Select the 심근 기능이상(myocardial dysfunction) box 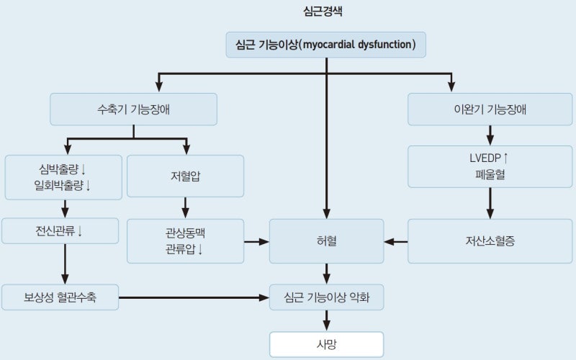tap(326, 45)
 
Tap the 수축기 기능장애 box tap(133, 109)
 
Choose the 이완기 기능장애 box tap(490, 109)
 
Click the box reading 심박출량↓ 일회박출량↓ tap(63, 176)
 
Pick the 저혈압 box tap(185, 176)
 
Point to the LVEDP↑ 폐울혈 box tap(490, 166)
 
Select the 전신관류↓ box tap(60, 231)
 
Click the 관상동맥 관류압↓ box tap(185, 240)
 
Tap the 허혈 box tap(326, 240)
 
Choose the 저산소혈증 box tap(490, 240)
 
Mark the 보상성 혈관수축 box tap(60, 297)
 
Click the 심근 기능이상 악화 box tap(326, 297)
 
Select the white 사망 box tap(326, 343)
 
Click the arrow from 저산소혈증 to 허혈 tap(396, 241)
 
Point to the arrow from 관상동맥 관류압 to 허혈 tap(256, 241)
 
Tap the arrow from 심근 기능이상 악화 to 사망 tap(326, 321)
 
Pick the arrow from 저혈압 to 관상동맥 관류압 tap(185, 208)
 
